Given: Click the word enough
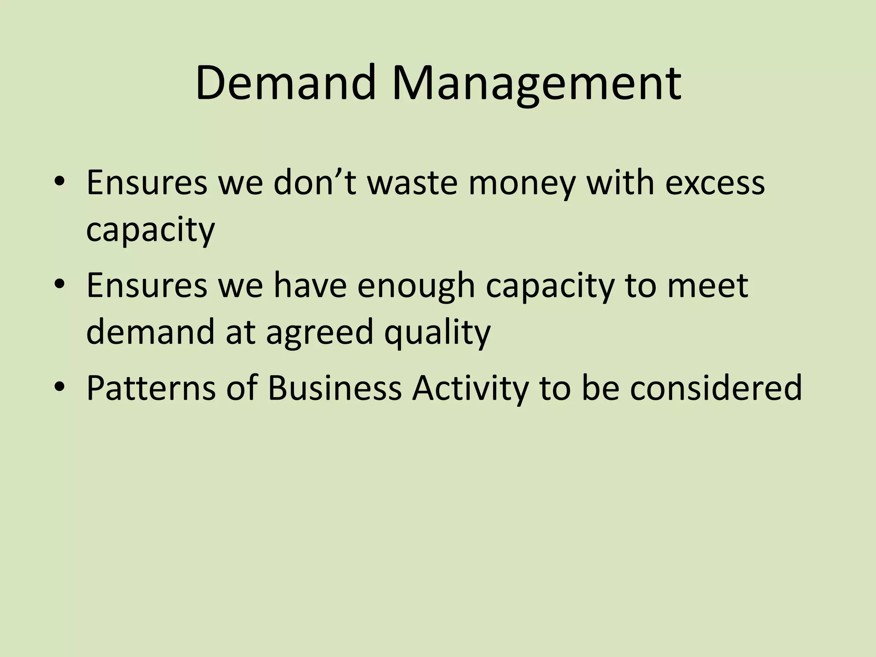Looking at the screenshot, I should tap(416, 287).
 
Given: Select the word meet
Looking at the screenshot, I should tap(707, 286).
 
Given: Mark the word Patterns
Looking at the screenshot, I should tap(151, 388).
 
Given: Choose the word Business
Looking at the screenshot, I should tap(334, 388).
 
